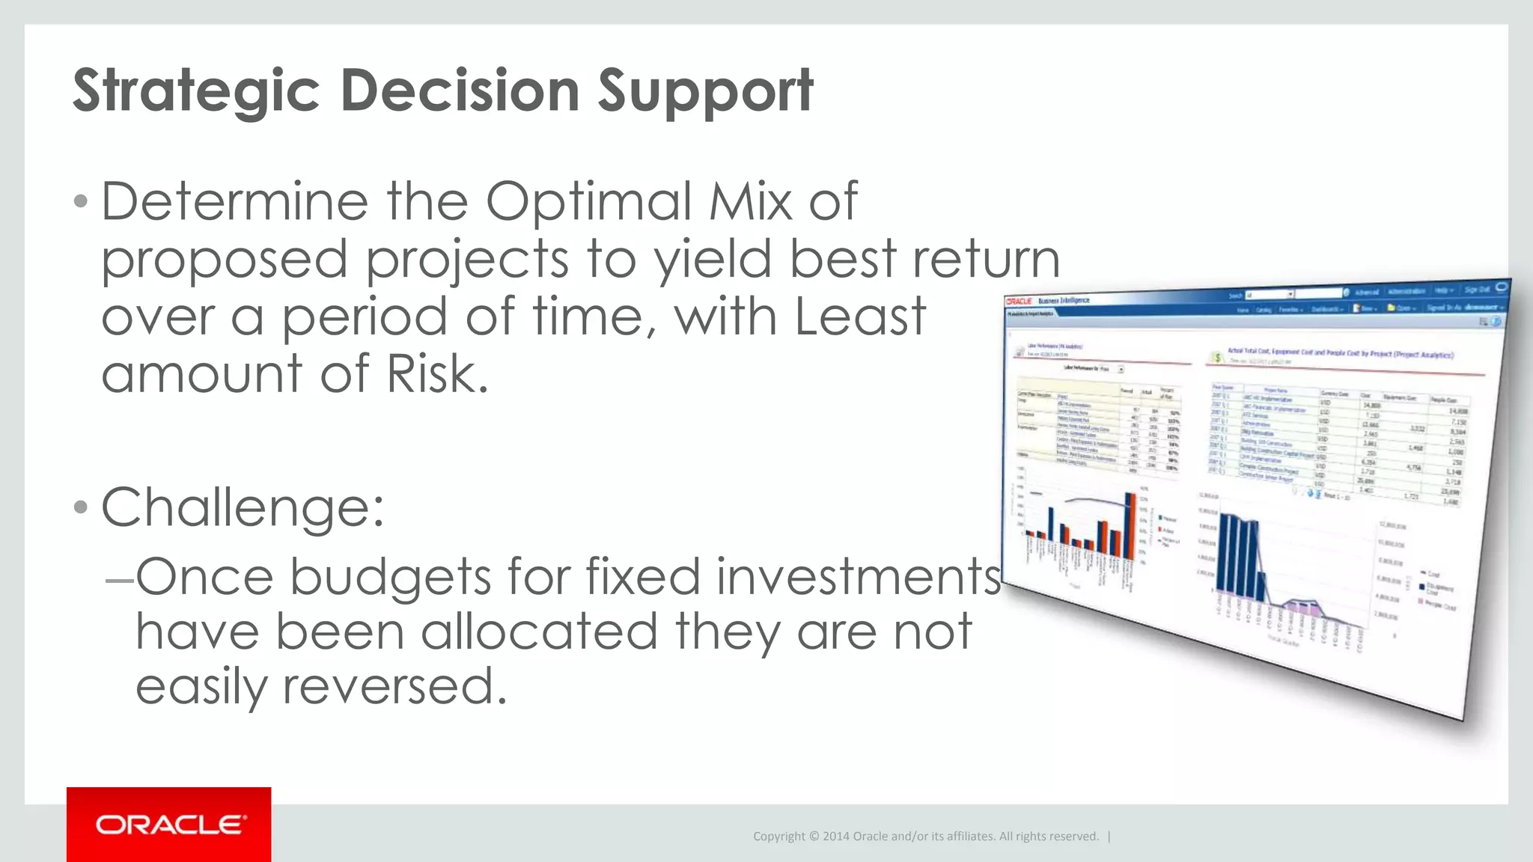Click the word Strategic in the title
(x=196, y=91)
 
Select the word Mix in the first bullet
(x=751, y=201)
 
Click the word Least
(x=860, y=317)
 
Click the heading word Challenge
(x=243, y=508)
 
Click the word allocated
(x=540, y=632)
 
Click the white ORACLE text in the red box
(x=170, y=825)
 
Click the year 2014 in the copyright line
(x=835, y=837)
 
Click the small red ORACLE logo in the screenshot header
(x=1019, y=301)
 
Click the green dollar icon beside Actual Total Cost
(x=1217, y=358)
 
